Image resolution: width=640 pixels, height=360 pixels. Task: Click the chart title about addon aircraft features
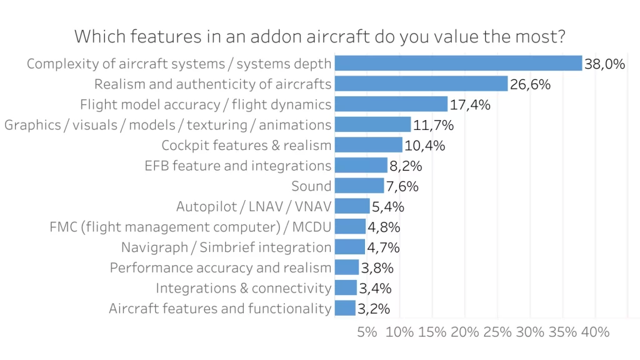[320, 36]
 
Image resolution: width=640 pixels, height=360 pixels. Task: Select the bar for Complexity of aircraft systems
[458, 63]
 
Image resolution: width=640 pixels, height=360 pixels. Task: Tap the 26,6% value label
[530, 84]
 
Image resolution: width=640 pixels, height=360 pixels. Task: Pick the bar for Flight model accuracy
[391, 104]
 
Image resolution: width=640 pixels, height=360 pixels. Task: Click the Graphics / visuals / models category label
[167, 124]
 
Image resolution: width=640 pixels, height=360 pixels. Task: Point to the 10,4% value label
[425, 145]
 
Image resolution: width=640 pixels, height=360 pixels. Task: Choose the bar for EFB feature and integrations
[361, 165]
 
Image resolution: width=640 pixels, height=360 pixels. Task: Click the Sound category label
[311, 186]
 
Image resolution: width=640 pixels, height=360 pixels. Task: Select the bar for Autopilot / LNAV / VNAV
[352, 206]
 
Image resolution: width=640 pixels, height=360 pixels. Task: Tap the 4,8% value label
[384, 226]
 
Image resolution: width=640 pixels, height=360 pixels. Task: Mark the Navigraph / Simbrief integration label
[226, 247]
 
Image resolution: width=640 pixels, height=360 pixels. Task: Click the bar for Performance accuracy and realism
[347, 267]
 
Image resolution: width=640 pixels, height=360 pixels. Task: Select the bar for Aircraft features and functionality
[345, 308]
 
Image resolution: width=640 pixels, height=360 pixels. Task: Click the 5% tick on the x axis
[367, 332]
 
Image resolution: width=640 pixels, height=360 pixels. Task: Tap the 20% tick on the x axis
[465, 332]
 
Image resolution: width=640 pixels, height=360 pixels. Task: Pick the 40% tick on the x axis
[595, 332]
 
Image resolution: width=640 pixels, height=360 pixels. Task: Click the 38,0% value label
[605, 63]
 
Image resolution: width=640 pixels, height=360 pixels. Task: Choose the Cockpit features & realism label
[246, 145]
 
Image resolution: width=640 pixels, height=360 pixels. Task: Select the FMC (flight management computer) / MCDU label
[191, 226]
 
